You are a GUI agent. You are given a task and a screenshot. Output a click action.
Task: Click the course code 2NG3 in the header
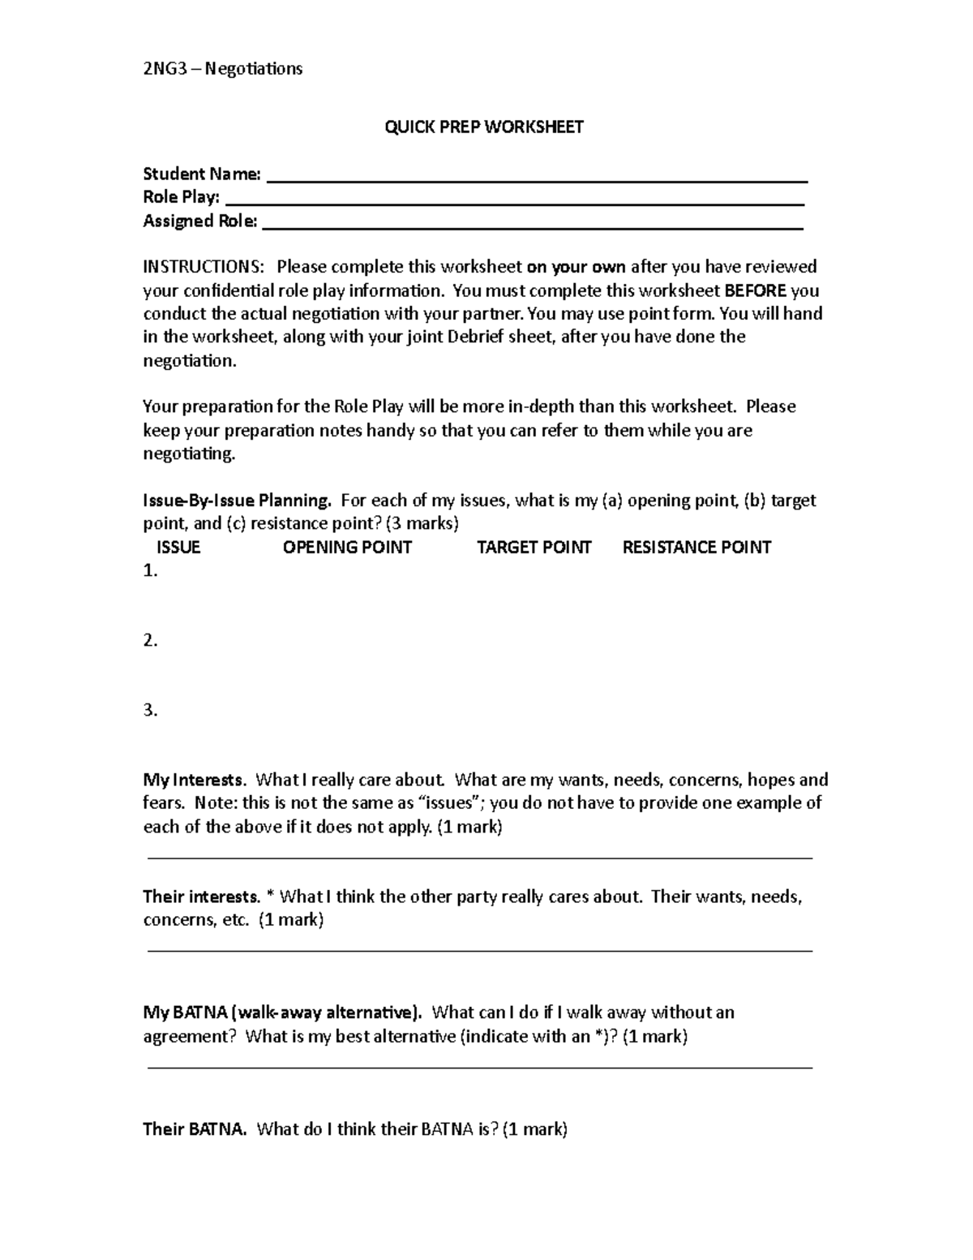(165, 69)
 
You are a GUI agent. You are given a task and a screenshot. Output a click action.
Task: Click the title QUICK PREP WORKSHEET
(484, 127)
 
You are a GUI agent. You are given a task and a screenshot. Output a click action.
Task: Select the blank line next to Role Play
(514, 203)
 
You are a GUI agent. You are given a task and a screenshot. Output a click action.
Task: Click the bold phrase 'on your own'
(576, 267)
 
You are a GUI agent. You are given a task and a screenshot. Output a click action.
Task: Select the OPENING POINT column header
(347, 548)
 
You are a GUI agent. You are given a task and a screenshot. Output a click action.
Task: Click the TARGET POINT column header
(534, 548)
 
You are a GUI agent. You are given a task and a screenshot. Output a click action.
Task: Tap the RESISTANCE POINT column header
(696, 548)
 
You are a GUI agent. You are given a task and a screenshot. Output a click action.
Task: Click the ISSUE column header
(178, 548)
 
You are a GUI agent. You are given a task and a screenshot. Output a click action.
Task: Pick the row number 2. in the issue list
(150, 641)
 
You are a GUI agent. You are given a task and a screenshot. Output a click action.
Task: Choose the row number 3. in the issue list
(150, 711)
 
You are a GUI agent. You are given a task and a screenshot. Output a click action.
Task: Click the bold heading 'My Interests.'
(194, 781)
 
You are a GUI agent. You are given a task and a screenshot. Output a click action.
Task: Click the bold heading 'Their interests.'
(201, 897)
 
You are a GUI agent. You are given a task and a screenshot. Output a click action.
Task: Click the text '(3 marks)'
(422, 524)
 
